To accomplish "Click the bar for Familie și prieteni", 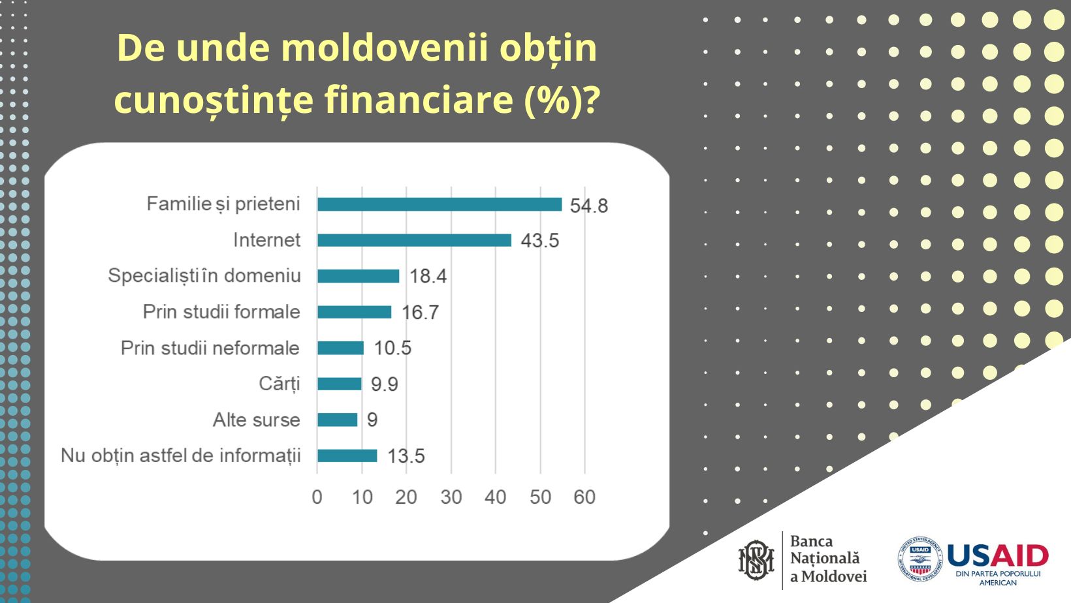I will pyautogui.click(x=439, y=204).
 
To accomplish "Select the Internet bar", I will pyautogui.click(x=414, y=240).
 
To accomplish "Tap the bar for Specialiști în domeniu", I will pyautogui.click(x=358, y=276).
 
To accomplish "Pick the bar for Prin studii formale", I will pyautogui.click(x=354, y=312).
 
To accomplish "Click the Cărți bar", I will pyautogui.click(x=339, y=384).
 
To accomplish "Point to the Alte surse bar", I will pyautogui.click(x=337, y=420).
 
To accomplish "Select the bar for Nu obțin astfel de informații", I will pyautogui.click(x=347, y=456).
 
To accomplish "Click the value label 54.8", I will pyautogui.click(x=588, y=206).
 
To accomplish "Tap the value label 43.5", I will pyautogui.click(x=539, y=241).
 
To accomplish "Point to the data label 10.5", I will pyautogui.click(x=392, y=348).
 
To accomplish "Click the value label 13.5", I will pyautogui.click(x=406, y=456).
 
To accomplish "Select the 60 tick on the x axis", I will pyautogui.click(x=584, y=497).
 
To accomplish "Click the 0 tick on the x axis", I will pyautogui.click(x=317, y=497).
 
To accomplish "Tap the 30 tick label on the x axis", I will pyautogui.click(x=451, y=497).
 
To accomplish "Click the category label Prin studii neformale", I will pyautogui.click(x=210, y=348).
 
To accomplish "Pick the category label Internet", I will pyautogui.click(x=266, y=240).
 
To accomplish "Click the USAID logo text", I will pyautogui.click(x=997, y=557).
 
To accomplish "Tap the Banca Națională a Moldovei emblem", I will pyautogui.click(x=756, y=560).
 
